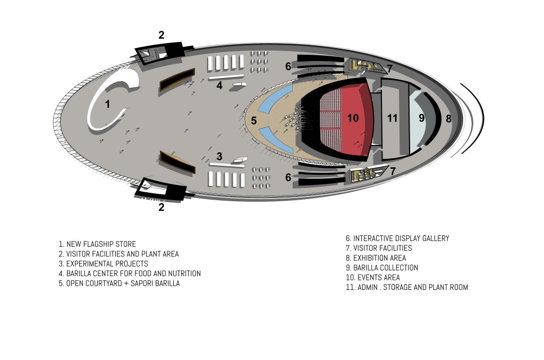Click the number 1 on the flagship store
pos(107,104)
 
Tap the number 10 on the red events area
pos(353,118)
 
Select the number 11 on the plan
pos(392,118)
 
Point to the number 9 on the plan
pos(421,118)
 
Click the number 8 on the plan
pos(448,118)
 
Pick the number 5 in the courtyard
pos(254,121)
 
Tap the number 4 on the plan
pos(219,85)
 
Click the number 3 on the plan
pos(219,156)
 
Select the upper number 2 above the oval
pos(161,36)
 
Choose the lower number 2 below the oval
pos(161,207)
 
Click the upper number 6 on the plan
pos(288,66)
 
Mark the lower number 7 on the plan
pos(393,171)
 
